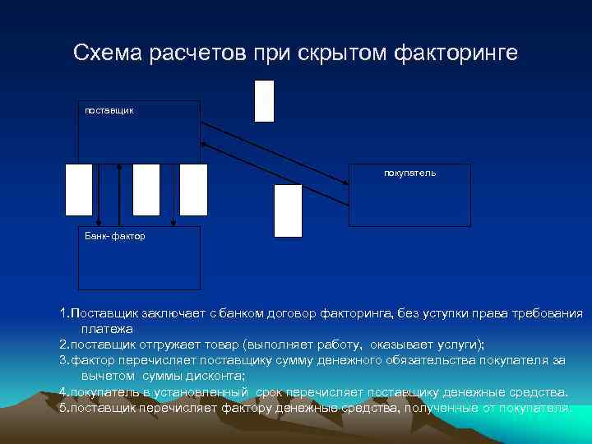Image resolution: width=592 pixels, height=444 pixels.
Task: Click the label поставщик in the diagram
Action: (x=109, y=109)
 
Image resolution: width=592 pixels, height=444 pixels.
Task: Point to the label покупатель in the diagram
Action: (x=409, y=173)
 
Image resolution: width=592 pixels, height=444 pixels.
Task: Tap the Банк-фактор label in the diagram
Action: (x=114, y=236)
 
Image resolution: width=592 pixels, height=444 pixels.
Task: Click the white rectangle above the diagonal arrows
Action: (x=264, y=101)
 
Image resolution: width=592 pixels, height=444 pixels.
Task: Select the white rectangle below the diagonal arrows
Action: (x=288, y=210)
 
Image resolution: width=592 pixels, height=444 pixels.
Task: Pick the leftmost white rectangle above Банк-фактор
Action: (x=79, y=189)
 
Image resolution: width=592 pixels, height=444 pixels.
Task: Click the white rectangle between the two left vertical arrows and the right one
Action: (x=146, y=189)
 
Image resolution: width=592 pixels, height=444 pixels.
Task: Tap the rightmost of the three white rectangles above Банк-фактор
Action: (x=194, y=189)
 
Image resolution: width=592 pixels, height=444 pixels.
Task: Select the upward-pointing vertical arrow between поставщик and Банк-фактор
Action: (x=120, y=193)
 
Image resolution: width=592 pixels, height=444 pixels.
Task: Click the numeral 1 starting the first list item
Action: (x=63, y=314)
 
